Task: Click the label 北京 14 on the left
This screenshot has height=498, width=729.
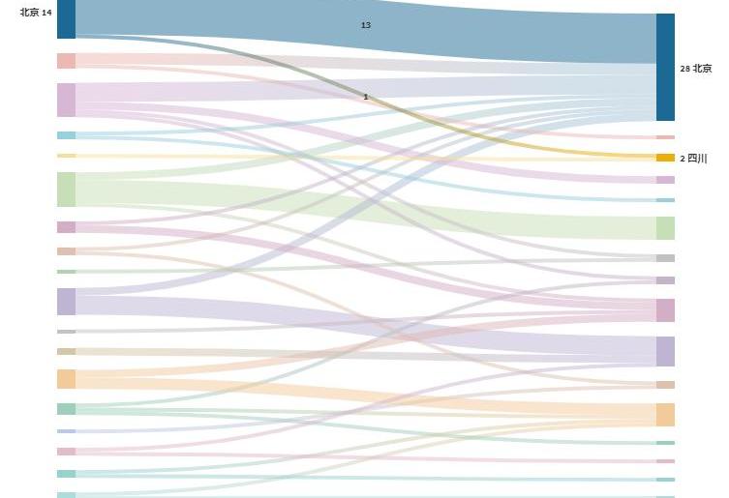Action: pyautogui.click(x=36, y=13)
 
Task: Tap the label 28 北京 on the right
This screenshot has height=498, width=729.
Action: pyautogui.click(x=696, y=68)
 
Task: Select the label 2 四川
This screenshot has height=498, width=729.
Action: pyautogui.click(x=694, y=158)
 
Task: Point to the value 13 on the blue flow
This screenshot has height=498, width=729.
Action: pyautogui.click(x=365, y=25)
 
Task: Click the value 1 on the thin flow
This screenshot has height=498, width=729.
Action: pyautogui.click(x=365, y=97)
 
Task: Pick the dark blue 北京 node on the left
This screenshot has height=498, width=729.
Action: pyautogui.click(x=66, y=18)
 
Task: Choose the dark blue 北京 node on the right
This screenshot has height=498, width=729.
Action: pyautogui.click(x=665, y=67)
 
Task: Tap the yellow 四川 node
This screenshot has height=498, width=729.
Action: pyautogui.click(x=665, y=158)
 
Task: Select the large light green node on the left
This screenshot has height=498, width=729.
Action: pyautogui.click(x=66, y=190)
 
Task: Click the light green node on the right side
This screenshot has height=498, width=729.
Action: pyautogui.click(x=665, y=228)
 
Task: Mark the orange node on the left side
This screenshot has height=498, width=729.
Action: pyautogui.click(x=66, y=379)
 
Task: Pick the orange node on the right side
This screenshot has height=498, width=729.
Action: pyautogui.click(x=665, y=415)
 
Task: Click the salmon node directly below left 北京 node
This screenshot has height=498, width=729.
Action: pyautogui.click(x=66, y=61)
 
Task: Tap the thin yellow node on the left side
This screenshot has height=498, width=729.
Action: pyautogui.click(x=66, y=156)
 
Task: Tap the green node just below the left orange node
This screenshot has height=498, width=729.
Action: pyautogui.click(x=66, y=409)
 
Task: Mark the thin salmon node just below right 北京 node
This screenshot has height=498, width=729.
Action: pyautogui.click(x=665, y=137)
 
